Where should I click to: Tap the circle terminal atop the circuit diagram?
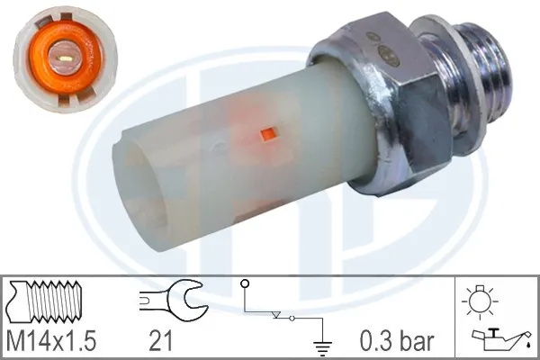[x=244, y=285]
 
